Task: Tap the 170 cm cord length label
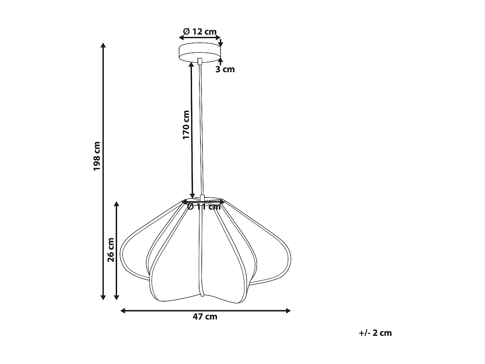pyautogui.click(x=186, y=125)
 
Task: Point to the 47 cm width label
pyautogui.click(x=205, y=317)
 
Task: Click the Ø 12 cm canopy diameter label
pyautogui.click(x=200, y=32)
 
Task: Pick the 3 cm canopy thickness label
pyautogui.click(x=225, y=69)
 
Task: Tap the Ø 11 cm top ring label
pyautogui.click(x=204, y=207)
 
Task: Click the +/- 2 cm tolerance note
pyautogui.click(x=375, y=333)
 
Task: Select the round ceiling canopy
pyautogui.click(x=200, y=52)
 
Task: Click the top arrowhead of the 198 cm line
pyautogui.click(x=103, y=45)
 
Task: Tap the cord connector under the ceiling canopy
pyautogui.click(x=200, y=61)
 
